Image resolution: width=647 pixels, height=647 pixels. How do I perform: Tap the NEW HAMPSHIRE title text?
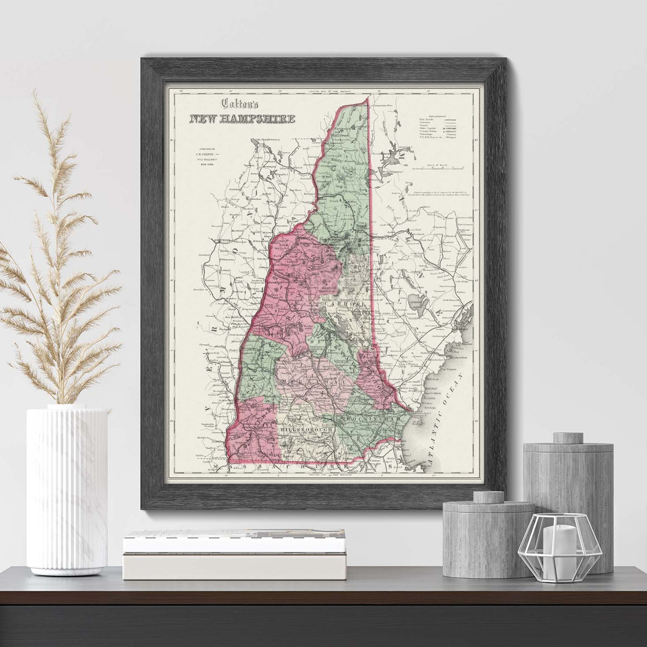(x=241, y=119)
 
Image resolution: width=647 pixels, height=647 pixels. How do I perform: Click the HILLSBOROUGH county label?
(x=305, y=429)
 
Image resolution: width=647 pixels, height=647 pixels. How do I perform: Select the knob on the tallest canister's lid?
(x=567, y=437)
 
